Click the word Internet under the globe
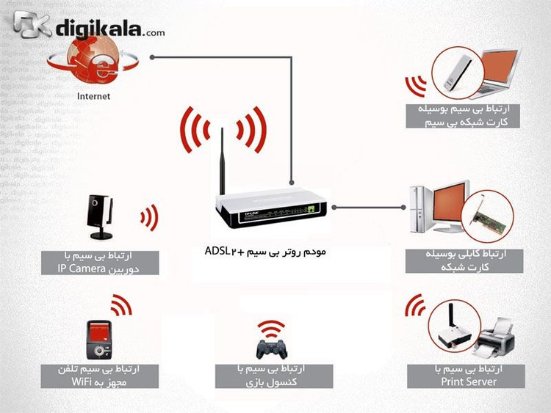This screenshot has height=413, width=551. click(x=93, y=96)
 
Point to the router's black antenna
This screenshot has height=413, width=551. click(x=222, y=161)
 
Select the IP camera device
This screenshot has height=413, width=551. click(x=100, y=217)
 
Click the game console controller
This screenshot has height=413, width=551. click(x=271, y=348)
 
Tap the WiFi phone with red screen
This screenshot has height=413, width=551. click(x=99, y=340)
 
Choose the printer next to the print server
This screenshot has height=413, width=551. click(x=494, y=339)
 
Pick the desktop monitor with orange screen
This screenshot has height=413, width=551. click(x=451, y=207)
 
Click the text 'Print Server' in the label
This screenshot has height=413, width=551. click(x=469, y=381)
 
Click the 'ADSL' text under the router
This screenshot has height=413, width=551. click(x=217, y=251)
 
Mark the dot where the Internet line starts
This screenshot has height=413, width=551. click(x=152, y=56)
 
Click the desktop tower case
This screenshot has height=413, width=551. click(x=420, y=210)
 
